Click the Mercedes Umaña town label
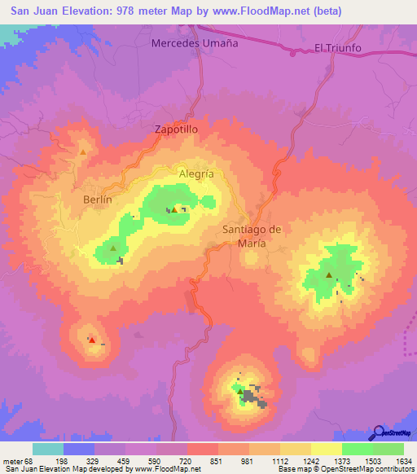pyautogui.click(x=195, y=43)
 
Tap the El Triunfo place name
pyautogui.click(x=337, y=48)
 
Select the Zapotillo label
pyautogui.click(x=176, y=129)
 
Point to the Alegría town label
pyautogui.click(x=195, y=173)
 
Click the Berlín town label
pyautogui.click(x=97, y=198)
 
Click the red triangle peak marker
pyautogui.click(x=92, y=340)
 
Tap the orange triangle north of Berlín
pyautogui.click(x=82, y=151)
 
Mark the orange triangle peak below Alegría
pyautogui.click(x=174, y=208)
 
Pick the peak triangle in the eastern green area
pyautogui.click(x=328, y=275)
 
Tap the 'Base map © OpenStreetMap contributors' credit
pyautogui.click(x=345, y=469)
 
